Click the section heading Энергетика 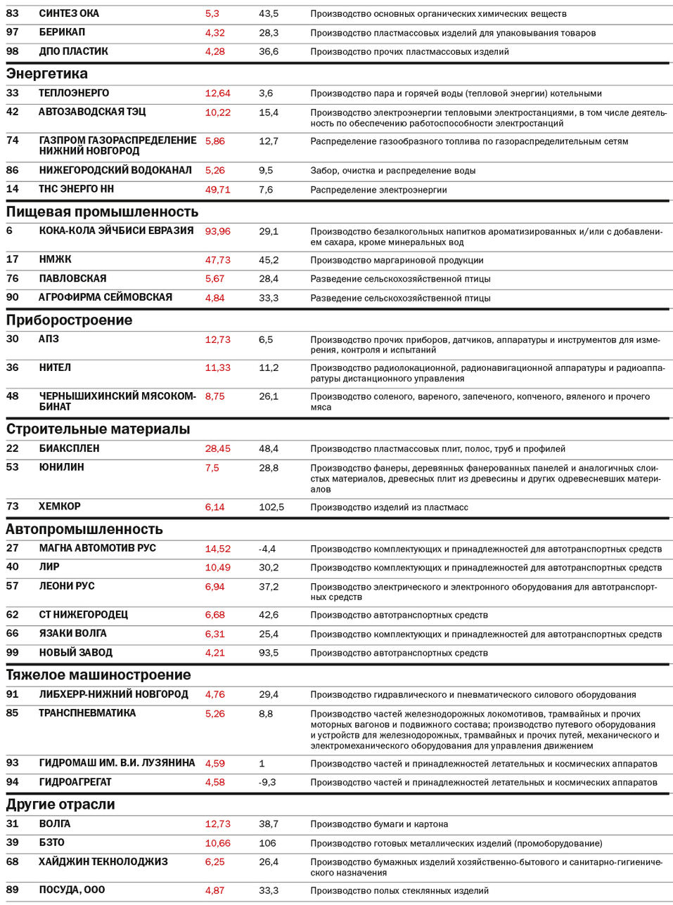click(x=47, y=74)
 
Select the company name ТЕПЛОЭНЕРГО click(x=74, y=93)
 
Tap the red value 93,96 click(x=217, y=231)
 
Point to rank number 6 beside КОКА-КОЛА click(x=9, y=231)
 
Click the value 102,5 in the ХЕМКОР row click(x=271, y=507)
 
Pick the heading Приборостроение click(x=69, y=320)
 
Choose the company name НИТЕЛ click(x=55, y=367)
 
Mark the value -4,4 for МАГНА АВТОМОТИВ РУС click(x=267, y=549)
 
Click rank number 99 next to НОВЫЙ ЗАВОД click(x=13, y=653)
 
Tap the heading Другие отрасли click(x=60, y=805)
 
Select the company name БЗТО click(x=51, y=842)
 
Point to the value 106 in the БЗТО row click(x=267, y=843)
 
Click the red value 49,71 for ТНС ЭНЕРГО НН click(x=217, y=190)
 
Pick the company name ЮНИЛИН click(x=61, y=467)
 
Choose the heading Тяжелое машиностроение click(x=98, y=675)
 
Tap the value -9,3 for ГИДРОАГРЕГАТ click(x=267, y=782)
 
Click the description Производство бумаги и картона click(x=379, y=824)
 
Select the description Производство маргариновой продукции click(x=397, y=260)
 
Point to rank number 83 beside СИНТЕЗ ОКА click(x=13, y=13)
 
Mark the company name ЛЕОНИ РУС click(x=66, y=586)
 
